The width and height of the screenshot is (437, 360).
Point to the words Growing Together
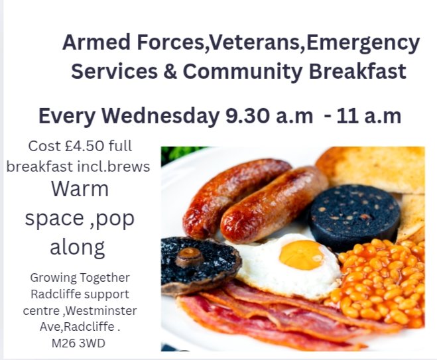[x=80, y=277]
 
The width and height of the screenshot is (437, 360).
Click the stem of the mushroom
[x=190, y=256]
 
